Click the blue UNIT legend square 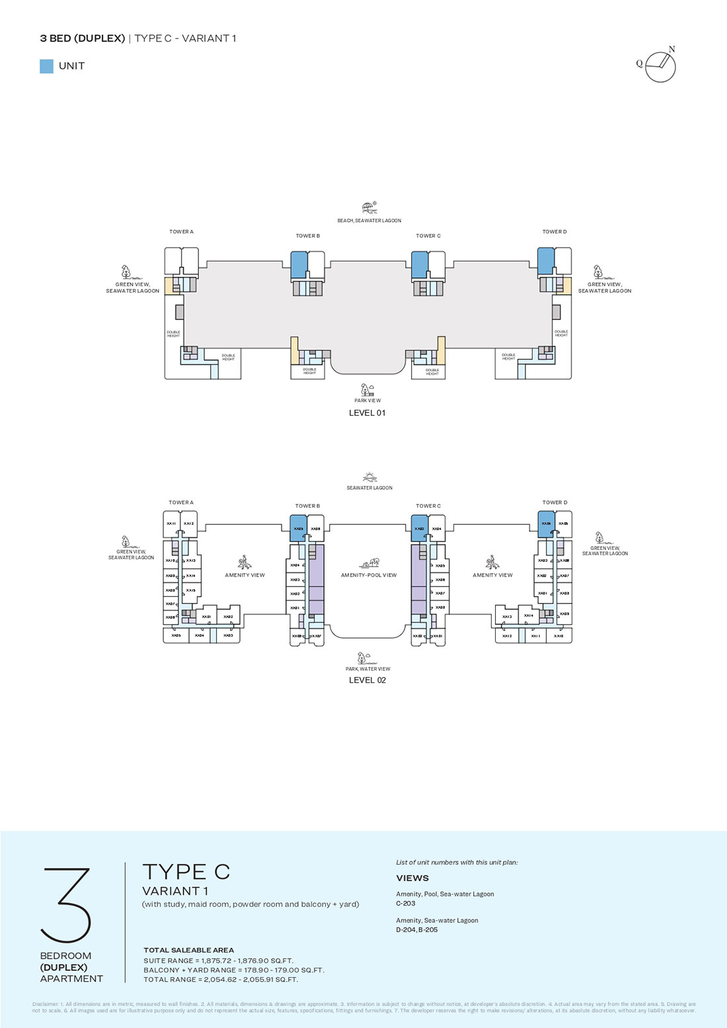(46, 66)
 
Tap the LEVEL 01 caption (367, 413)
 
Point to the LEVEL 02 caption (367, 680)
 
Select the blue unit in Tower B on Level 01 (299, 265)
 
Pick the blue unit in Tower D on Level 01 (545, 261)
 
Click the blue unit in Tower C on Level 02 (420, 529)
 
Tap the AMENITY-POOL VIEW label (369, 575)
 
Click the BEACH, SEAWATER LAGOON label (369, 221)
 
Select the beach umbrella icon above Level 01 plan (369, 208)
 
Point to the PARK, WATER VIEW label (367, 669)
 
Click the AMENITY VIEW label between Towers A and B (245, 575)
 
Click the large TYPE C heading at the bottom (186, 872)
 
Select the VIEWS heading (412, 879)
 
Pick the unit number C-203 (406, 903)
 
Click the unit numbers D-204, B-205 (417, 929)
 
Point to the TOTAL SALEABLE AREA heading (189, 950)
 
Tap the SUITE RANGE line (218, 961)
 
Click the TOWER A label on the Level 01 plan (181, 232)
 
